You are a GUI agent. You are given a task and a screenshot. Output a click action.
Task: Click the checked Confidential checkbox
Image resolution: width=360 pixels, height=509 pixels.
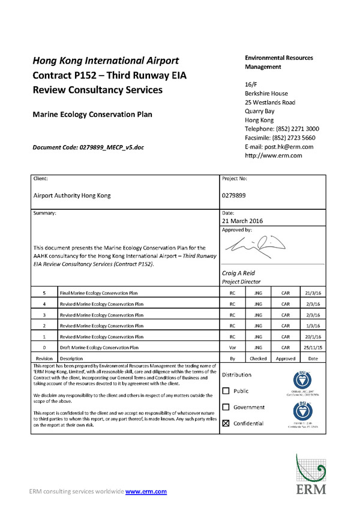(x=226, y=423)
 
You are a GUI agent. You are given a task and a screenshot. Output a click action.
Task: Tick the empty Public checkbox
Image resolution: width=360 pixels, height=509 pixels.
(x=226, y=391)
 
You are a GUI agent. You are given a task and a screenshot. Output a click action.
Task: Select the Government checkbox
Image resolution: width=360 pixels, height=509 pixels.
(x=226, y=408)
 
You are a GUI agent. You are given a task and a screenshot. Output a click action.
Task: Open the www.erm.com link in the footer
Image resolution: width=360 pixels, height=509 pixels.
(x=146, y=492)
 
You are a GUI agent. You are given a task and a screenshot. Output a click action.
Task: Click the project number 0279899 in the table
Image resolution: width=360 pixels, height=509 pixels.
(x=234, y=195)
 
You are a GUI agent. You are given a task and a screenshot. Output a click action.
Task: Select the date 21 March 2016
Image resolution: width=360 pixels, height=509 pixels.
(x=246, y=221)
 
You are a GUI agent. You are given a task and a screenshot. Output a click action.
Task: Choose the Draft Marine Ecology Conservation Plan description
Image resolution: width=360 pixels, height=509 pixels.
(x=99, y=347)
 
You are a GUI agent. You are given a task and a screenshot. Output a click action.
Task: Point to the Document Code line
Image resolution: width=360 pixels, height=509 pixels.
(x=88, y=147)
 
